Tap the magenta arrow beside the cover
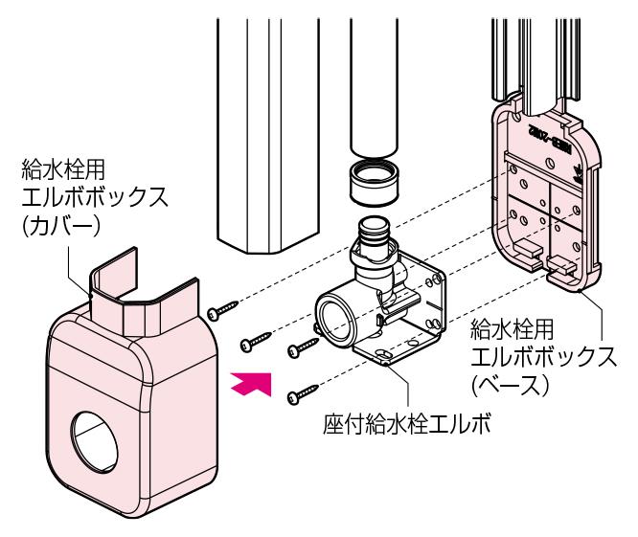[253, 384]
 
